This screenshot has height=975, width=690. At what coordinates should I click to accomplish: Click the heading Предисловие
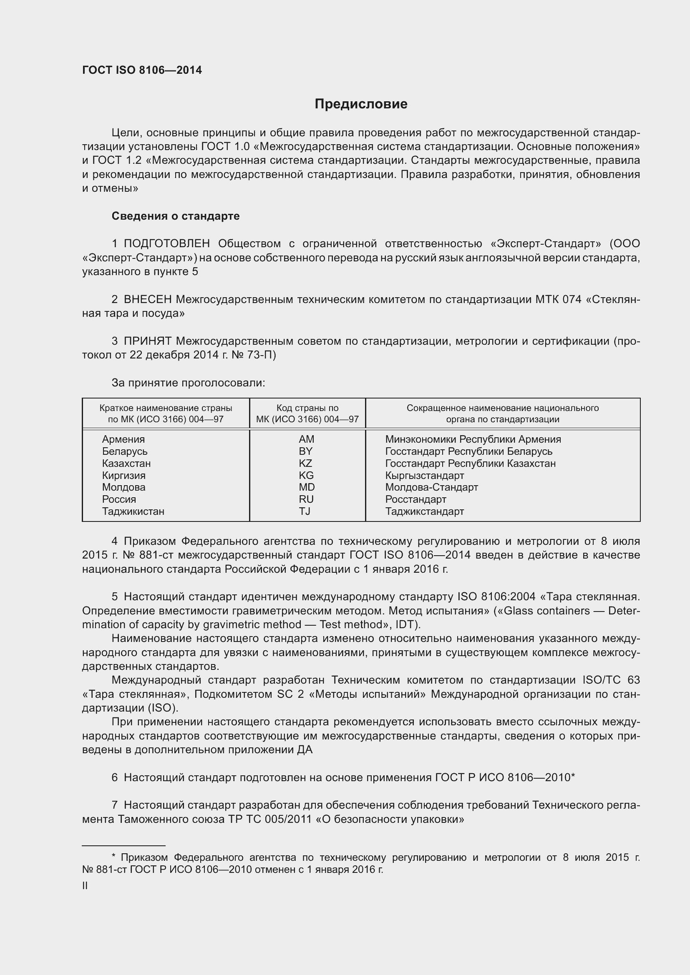point(361,104)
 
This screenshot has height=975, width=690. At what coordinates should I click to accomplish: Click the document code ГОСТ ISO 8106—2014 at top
point(142,70)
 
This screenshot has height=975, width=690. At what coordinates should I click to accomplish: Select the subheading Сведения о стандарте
point(176,216)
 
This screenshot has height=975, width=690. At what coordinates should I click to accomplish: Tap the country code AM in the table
point(306,439)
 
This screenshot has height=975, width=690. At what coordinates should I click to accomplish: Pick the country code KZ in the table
point(305,463)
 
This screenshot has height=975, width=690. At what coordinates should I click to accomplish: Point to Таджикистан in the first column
point(133,511)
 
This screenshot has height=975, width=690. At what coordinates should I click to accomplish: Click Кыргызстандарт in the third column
point(424,476)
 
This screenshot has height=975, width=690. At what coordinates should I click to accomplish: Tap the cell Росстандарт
point(416,499)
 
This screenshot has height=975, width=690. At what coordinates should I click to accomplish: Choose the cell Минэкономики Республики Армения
point(473,439)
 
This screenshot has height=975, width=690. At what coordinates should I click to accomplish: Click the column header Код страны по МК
point(307,414)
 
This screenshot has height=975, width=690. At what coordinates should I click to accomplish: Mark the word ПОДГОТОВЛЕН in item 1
point(166,244)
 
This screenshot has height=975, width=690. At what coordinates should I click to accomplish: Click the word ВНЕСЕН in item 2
point(147,299)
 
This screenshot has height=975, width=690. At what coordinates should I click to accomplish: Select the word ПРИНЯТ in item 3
point(147,341)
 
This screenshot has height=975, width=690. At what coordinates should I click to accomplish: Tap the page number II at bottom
point(85,885)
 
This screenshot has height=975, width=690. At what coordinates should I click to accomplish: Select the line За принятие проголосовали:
point(188,383)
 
